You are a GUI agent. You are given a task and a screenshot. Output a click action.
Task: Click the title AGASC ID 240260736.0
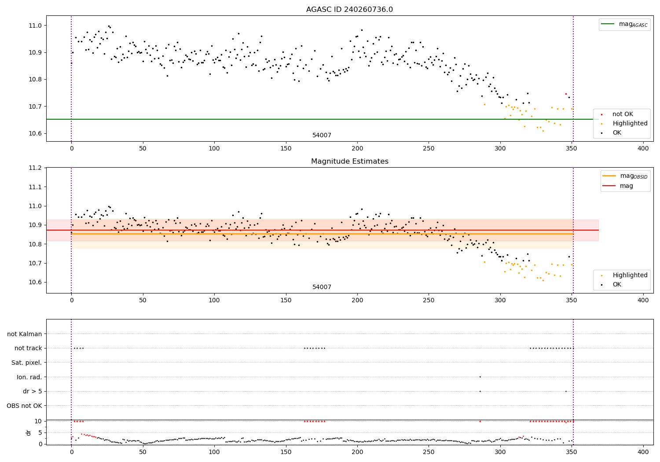tap(349, 10)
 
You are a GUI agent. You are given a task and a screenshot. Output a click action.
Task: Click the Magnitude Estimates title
tap(349, 161)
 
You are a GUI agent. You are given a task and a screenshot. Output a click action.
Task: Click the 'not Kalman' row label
tap(25, 334)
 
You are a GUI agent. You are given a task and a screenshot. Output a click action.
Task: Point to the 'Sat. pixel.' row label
tap(26, 363)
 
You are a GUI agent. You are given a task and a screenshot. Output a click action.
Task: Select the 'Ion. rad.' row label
tap(29, 377)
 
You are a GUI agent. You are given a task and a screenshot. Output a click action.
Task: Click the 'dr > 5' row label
tap(32, 391)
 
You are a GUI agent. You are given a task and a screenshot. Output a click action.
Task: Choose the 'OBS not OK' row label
tap(24, 406)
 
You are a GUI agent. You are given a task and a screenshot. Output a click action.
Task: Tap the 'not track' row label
tap(28, 348)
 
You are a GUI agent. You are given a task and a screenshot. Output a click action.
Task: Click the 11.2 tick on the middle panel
tap(35, 168)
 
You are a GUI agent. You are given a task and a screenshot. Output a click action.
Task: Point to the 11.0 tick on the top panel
tap(35, 26)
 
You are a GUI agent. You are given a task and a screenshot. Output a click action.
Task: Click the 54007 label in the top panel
tap(322, 136)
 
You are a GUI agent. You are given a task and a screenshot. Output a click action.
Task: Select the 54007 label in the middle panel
tap(322, 287)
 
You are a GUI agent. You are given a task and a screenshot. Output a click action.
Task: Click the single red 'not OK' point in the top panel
tap(566, 94)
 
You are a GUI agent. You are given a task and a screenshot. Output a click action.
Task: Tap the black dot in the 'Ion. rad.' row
tap(480, 377)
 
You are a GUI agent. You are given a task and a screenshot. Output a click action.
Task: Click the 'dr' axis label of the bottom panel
tap(29, 433)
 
